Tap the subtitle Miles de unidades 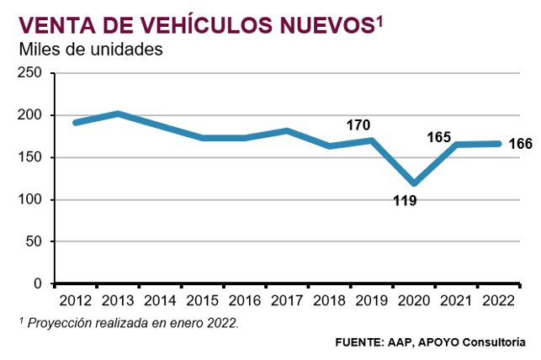pos(90,50)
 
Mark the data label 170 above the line pos(358,125)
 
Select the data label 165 pos(439,136)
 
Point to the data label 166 pos(521,144)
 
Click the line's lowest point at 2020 pos(413,183)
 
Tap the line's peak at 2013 pos(118,114)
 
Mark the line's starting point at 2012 pos(76,123)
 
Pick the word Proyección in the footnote pos(54,323)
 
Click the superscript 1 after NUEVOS pos(379,19)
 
